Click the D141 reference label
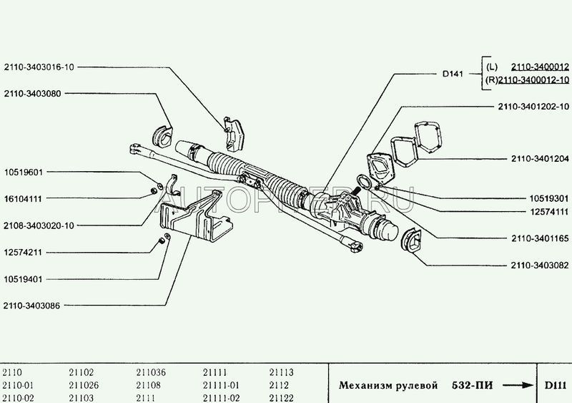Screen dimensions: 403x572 pyautogui.click(x=448, y=72)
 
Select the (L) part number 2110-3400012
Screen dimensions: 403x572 pyautogui.click(x=533, y=67)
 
